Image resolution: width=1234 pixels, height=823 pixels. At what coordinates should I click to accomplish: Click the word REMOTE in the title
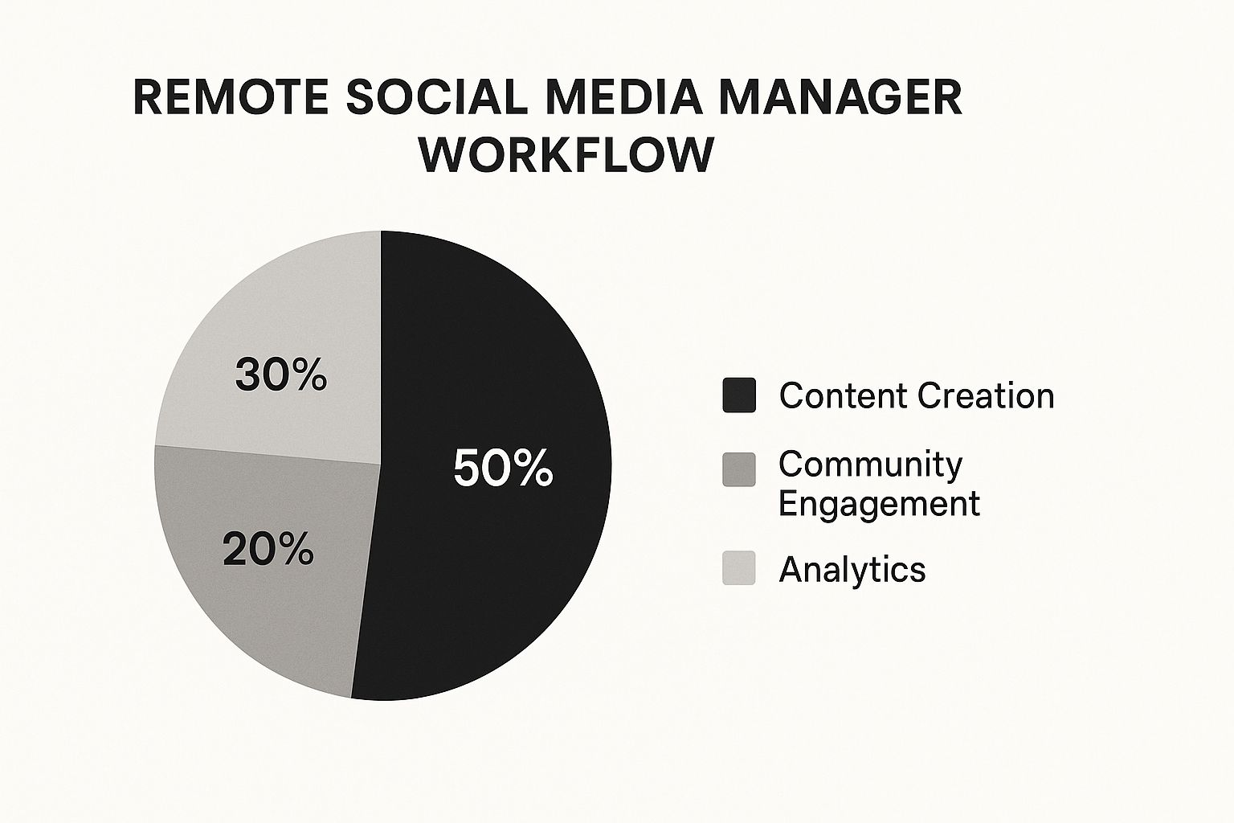coord(231,97)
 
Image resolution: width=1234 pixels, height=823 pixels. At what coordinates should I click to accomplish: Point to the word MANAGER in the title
coord(840,97)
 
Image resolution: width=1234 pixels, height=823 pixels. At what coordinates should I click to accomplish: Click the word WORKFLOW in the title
coord(566,154)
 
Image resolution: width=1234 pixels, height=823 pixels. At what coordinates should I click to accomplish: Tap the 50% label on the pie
coord(503,468)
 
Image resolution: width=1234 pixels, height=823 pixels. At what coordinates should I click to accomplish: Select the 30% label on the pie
coord(281,375)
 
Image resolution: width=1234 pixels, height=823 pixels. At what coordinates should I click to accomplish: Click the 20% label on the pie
coord(268,549)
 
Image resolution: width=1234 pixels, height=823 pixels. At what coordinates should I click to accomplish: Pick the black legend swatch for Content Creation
coord(739,395)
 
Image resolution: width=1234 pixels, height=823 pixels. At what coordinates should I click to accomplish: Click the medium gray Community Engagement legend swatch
coord(739,469)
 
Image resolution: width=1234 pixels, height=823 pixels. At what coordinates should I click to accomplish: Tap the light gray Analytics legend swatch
coord(739,567)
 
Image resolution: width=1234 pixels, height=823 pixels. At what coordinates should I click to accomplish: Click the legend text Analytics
coord(852,570)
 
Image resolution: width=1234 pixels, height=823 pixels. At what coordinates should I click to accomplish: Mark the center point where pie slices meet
coord(381,464)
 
